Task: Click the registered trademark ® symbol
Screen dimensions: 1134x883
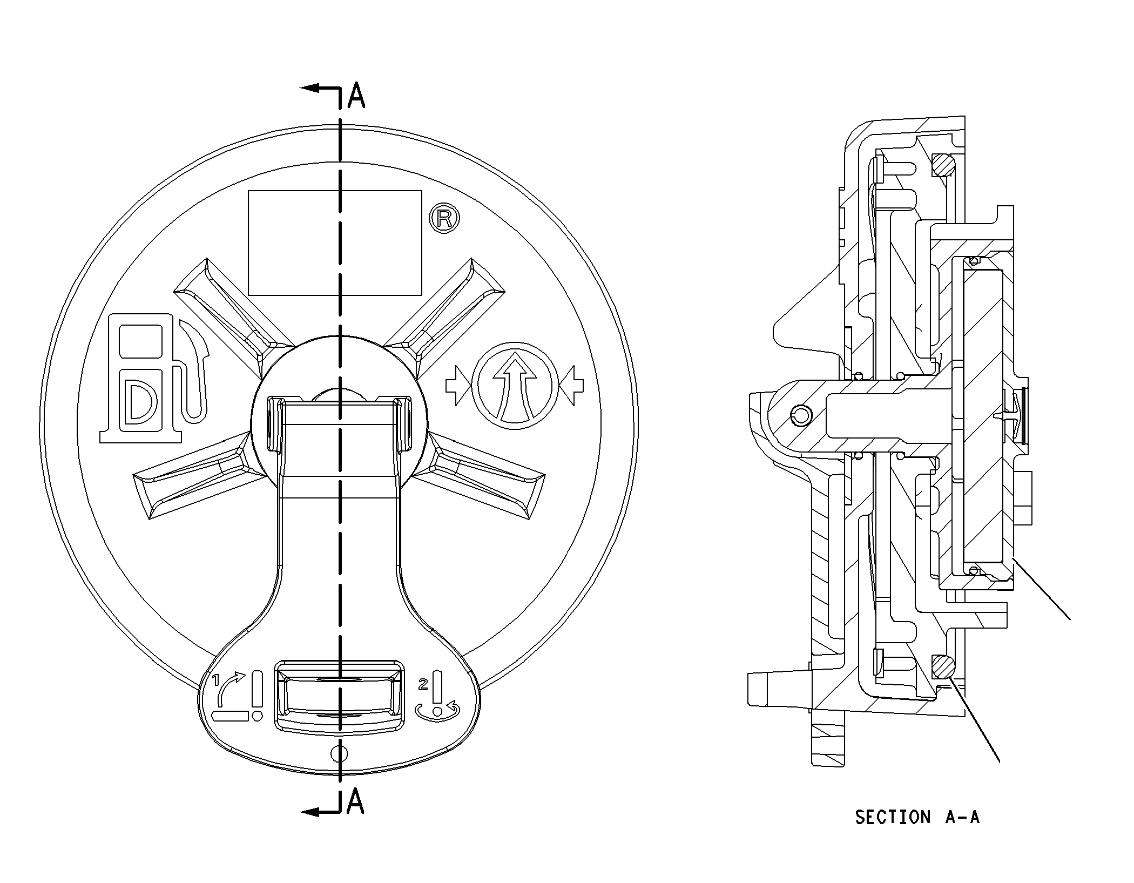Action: click(444, 218)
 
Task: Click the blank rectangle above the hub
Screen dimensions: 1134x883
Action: click(335, 242)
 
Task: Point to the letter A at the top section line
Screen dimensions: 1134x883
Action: click(356, 96)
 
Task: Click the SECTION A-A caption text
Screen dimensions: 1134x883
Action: click(917, 817)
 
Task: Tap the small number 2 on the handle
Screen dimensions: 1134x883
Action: click(423, 685)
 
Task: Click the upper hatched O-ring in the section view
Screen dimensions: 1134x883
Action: click(943, 165)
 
